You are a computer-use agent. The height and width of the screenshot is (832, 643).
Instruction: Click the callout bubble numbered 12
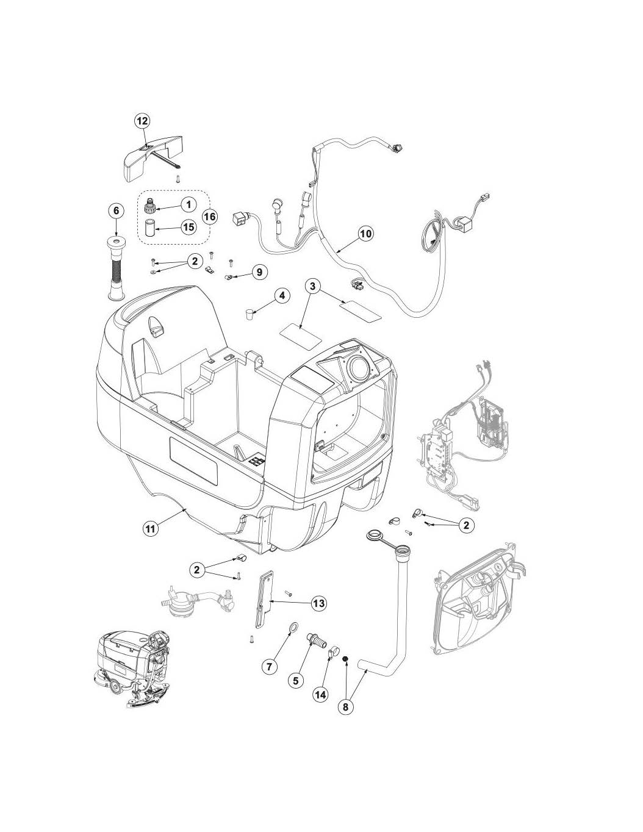pyautogui.click(x=142, y=121)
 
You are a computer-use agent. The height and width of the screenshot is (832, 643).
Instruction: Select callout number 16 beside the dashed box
pyautogui.click(x=209, y=217)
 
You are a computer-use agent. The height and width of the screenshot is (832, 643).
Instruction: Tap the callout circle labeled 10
pyautogui.click(x=365, y=234)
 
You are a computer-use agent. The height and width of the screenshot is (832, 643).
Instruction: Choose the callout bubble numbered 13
pyautogui.click(x=318, y=603)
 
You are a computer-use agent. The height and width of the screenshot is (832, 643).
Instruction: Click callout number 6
pyautogui.click(x=116, y=210)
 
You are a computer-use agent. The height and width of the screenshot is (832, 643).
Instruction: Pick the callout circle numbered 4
pyautogui.click(x=281, y=296)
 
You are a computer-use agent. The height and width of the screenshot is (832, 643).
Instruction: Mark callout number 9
pyautogui.click(x=259, y=271)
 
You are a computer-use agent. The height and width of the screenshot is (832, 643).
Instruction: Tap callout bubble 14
pyautogui.click(x=320, y=694)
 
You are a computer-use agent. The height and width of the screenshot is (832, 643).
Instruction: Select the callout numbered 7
pyautogui.click(x=268, y=667)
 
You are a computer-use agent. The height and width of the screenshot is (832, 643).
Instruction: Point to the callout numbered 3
pyautogui.click(x=312, y=285)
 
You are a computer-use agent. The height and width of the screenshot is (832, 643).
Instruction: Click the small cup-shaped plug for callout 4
pyautogui.click(x=249, y=314)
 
